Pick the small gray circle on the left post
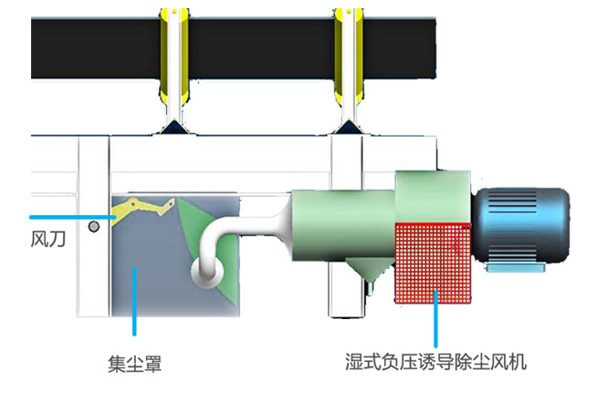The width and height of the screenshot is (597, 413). (92, 224)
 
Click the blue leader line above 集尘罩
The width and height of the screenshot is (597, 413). (134, 301)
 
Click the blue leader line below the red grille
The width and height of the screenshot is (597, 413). (436, 324)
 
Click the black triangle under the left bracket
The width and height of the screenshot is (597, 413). (173, 129)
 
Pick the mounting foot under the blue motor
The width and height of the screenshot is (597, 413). (514, 266)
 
